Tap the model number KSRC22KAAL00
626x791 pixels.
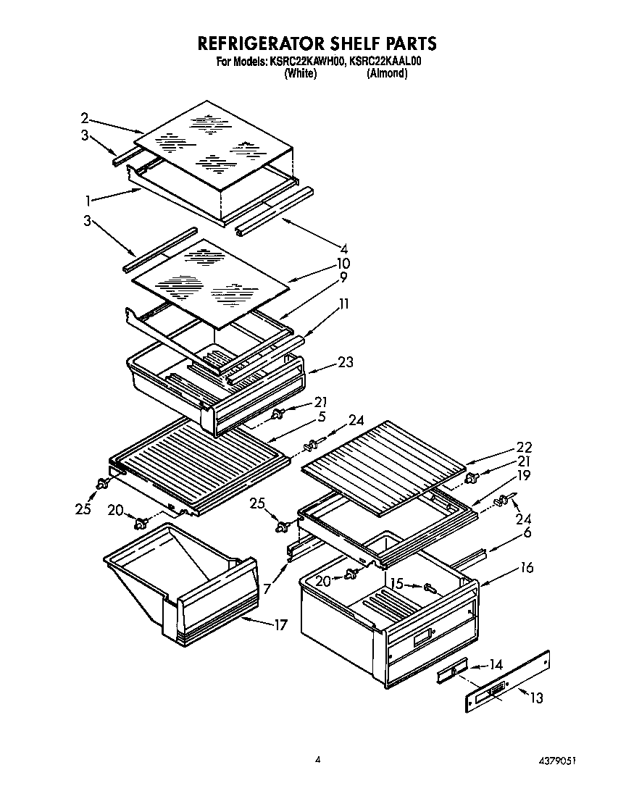coord(385,62)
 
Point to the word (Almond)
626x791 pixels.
coord(387,73)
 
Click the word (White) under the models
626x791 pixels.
coord(300,73)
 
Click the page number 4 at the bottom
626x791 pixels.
coord(317,759)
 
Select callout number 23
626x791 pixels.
coord(346,363)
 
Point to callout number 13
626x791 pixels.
coord(536,698)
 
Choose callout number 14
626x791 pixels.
coord(496,664)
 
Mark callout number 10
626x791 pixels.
coord(343,263)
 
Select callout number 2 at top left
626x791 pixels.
coord(85,117)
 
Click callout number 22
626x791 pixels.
coord(523,447)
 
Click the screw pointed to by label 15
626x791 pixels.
coord(429,587)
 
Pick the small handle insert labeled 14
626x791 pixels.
coord(451,673)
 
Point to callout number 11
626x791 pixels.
coord(343,304)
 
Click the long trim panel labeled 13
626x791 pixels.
coord(507,683)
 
